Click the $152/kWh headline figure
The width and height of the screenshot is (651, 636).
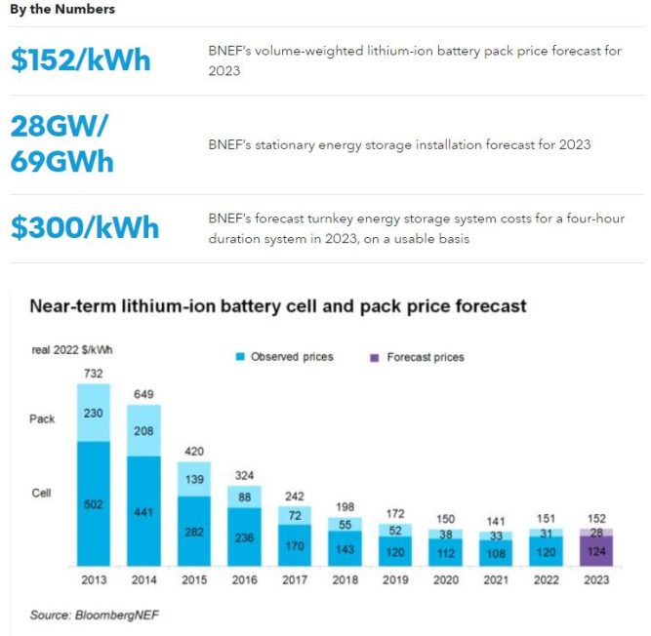(81, 60)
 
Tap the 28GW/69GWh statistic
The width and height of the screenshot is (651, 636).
(61, 143)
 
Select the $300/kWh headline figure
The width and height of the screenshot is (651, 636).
(85, 227)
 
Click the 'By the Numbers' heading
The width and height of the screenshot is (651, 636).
(62, 9)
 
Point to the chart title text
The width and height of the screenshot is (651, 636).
(278, 306)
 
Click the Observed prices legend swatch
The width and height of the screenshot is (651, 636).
(240, 357)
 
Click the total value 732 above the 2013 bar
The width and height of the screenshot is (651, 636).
(94, 373)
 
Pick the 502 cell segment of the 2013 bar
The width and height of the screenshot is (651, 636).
(94, 503)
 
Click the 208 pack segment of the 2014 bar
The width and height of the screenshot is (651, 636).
(143, 430)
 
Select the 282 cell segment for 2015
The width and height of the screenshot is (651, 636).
(193, 532)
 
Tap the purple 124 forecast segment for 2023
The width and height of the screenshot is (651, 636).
(596, 551)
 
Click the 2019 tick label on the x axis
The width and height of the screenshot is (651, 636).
(395, 578)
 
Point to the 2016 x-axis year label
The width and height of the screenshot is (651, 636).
(244, 578)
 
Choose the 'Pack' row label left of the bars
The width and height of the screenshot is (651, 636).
(42, 418)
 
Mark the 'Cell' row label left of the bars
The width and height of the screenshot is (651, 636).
(41, 494)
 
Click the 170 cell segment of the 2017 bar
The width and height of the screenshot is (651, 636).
(294, 546)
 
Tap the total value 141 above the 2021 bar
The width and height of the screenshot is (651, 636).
(496, 521)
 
